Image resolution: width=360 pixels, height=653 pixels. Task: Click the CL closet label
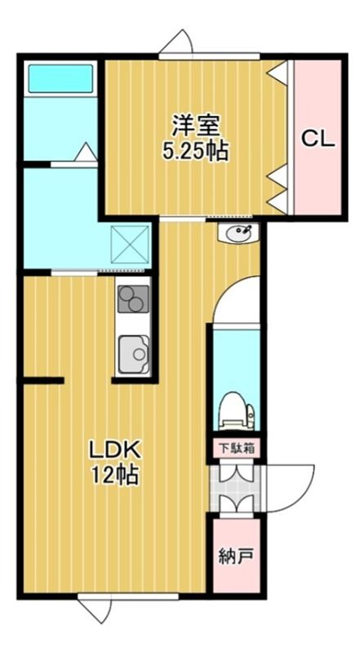(318, 139)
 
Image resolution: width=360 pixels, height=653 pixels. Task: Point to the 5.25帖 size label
(195, 151)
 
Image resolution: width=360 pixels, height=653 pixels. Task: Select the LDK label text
(115, 451)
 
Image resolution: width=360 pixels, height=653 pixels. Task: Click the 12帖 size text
(115, 475)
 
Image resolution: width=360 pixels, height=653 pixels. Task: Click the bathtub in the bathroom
(60, 78)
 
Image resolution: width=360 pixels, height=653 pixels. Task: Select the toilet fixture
(237, 411)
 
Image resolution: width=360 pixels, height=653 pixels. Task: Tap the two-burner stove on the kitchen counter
(133, 299)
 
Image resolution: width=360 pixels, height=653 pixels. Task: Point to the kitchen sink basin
(134, 354)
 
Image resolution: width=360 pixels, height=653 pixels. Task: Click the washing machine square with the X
(131, 245)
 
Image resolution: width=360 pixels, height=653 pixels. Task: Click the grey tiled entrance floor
(235, 488)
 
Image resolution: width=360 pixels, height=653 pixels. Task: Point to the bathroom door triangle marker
(87, 152)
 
